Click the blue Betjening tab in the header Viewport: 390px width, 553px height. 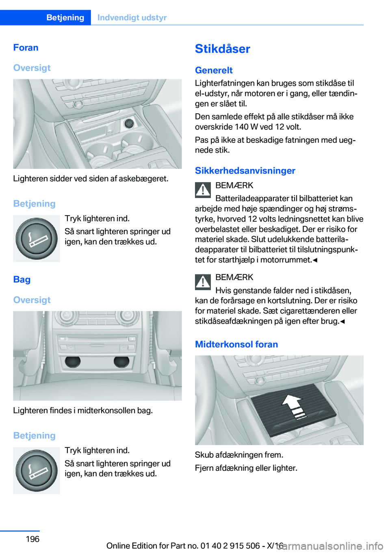(65, 17)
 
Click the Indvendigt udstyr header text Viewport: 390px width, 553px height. (132, 17)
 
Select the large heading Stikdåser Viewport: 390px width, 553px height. (222, 49)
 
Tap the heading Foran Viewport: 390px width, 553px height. (26, 48)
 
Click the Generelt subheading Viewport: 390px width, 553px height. (214, 70)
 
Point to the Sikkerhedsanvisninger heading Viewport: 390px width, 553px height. (245, 171)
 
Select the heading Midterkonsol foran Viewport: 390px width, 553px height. (236, 344)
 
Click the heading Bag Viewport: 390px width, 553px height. (22, 280)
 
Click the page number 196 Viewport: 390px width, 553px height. (32, 539)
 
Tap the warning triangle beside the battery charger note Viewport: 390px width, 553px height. (203, 190)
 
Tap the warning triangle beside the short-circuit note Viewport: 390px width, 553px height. (203, 282)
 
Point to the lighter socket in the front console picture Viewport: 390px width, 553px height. (128, 123)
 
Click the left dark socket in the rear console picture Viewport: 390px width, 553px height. (73, 362)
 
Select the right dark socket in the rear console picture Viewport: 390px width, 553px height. (121, 362)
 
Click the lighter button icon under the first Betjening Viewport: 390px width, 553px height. (37, 238)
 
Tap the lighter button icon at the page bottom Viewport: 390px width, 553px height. (37, 471)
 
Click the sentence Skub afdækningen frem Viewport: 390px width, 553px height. (239, 455)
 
